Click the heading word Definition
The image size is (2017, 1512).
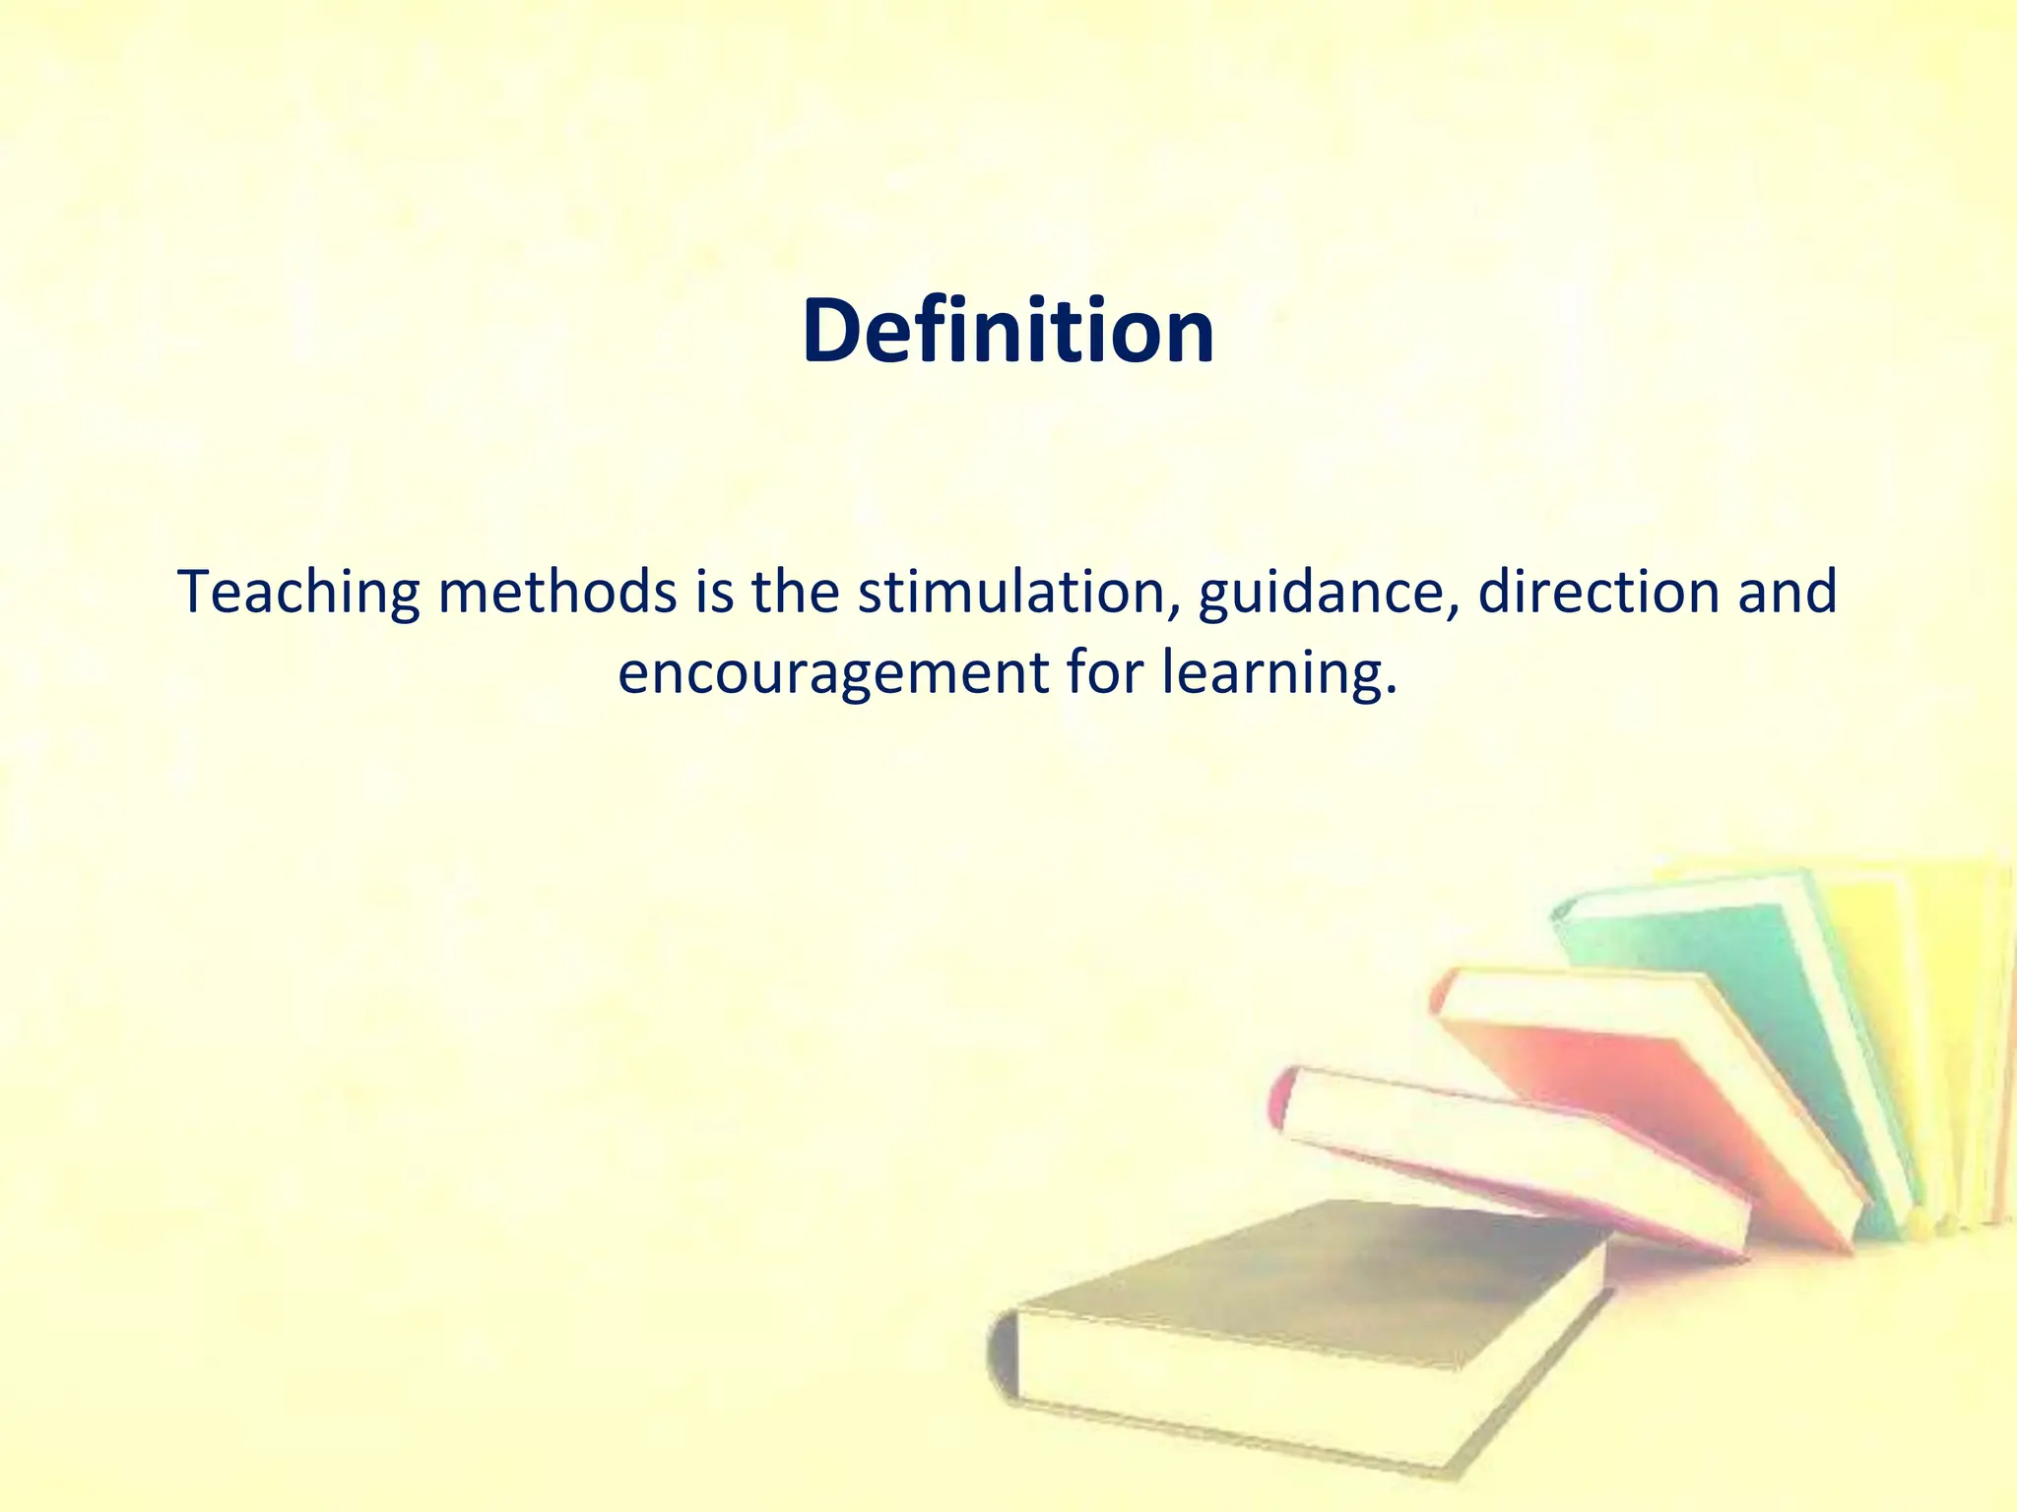point(1008,332)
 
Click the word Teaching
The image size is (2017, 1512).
point(298,594)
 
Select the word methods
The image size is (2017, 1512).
point(557,594)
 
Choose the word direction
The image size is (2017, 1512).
point(1597,594)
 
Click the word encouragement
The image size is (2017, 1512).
point(832,674)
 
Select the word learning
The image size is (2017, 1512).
point(1273,674)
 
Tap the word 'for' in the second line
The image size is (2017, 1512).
point(1103,674)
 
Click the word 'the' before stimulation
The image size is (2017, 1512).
point(795,594)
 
